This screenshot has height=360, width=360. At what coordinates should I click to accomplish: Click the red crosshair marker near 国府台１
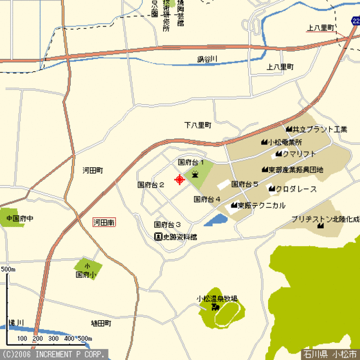coord(179,179)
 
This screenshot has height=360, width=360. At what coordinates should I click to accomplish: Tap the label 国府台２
coord(151,184)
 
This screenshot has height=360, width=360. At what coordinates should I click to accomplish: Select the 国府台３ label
coord(167,225)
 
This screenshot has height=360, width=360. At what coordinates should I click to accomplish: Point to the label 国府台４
coord(207,199)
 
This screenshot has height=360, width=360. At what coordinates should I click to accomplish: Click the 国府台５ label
coord(244,184)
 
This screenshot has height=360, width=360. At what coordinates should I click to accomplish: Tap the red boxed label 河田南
coord(104,222)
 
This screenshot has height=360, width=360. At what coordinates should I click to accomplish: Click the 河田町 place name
coord(93,170)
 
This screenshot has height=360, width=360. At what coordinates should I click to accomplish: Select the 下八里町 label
coord(197,125)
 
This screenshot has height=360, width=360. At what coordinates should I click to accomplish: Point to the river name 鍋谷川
coord(208,60)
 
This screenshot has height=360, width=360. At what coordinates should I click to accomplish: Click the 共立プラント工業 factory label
coord(320,129)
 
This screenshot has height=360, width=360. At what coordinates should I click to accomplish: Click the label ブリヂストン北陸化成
coord(325,219)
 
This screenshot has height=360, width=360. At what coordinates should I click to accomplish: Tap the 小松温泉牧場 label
coord(217,299)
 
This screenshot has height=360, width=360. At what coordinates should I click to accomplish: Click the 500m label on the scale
coord(8,269)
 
